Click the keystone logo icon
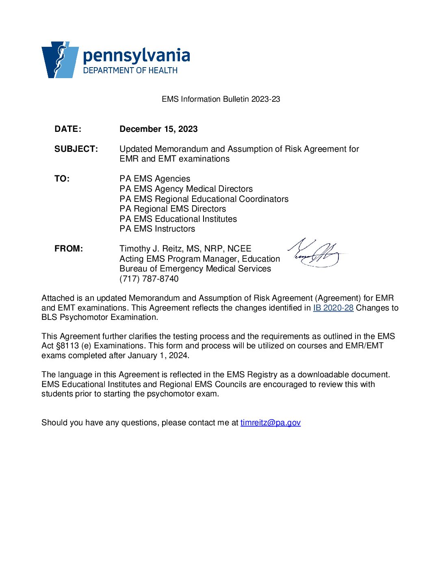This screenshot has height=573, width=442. pyautogui.click(x=60, y=59)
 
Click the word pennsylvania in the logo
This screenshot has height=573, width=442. pyautogui.click(x=136, y=56)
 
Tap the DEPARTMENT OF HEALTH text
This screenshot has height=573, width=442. pyautogui.click(x=130, y=70)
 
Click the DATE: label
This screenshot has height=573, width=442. pyautogui.click(x=68, y=129)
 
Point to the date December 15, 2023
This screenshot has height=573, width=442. pyautogui.click(x=158, y=129)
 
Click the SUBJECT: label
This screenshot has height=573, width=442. pyautogui.click(x=76, y=149)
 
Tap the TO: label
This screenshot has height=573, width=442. pyautogui.click(x=62, y=179)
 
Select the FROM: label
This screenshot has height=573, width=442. pyautogui.click(x=69, y=249)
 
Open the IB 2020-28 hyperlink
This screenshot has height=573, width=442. pyautogui.click(x=333, y=308)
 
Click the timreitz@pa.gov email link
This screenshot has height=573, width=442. pyautogui.click(x=270, y=423)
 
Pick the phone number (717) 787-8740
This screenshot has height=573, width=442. pyautogui.click(x=149, y=279)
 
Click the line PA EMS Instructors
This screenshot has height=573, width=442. pyautogui.click(x=157, y=229)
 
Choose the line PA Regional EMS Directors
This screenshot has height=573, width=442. pyautogui.click(x=173, y=209)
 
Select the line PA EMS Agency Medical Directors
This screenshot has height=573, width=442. pyautogui.click(x=186, y=189)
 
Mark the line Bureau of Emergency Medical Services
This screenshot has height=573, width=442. pyautogui.click(x=195, y=269)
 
